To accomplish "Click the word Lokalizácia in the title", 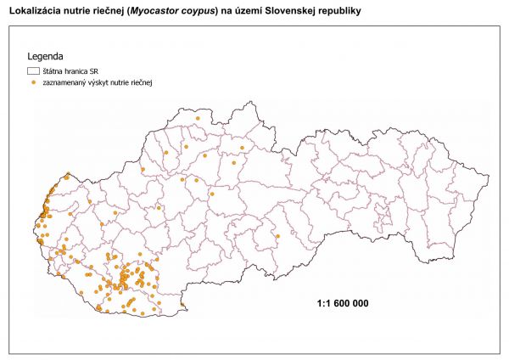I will (x=33, y=11).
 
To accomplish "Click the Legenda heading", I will (x=46, y=57).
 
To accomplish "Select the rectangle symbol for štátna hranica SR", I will (x=34, y=72).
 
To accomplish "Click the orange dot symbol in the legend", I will (x=34, y=83).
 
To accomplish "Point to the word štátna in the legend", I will (x=55, y=72).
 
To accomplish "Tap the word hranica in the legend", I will (x=82, y=72).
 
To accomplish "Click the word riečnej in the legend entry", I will (x=151, y=83).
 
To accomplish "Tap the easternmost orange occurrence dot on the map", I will (x=277, y=236).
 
